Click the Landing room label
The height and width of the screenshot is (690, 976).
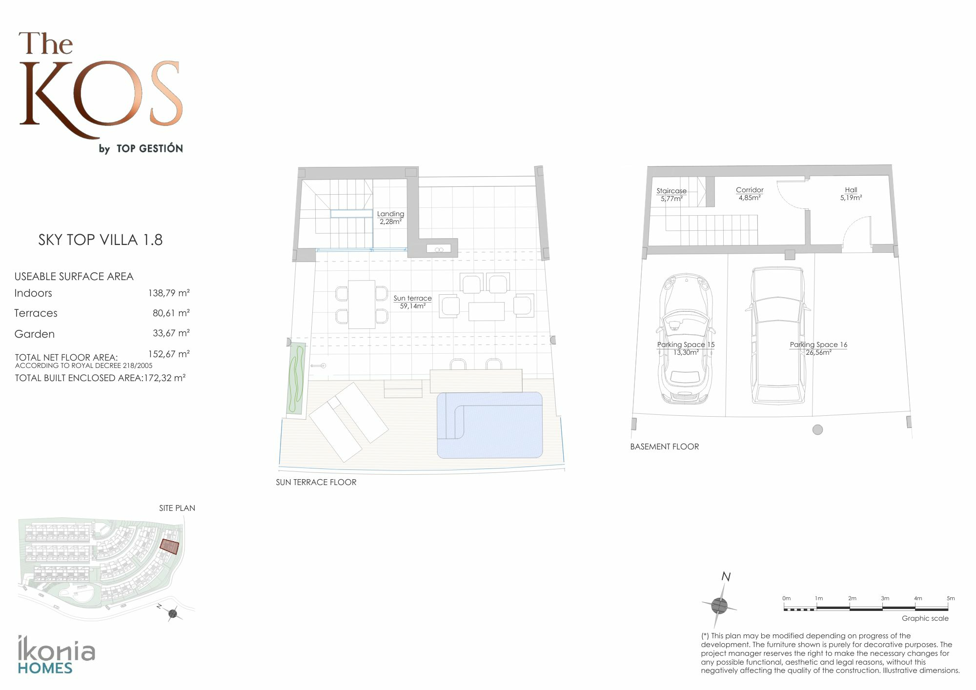390,218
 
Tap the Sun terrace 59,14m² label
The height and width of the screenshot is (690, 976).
412,302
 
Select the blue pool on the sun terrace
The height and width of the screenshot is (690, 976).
489,425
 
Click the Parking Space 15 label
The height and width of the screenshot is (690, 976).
686,348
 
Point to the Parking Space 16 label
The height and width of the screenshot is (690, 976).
818,348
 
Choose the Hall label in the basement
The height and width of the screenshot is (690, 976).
851,194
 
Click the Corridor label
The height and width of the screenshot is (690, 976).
750,194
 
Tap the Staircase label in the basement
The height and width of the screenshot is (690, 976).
671,195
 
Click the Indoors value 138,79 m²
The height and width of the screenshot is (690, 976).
169,293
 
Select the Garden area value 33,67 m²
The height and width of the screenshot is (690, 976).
171,333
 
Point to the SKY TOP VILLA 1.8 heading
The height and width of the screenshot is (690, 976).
101,240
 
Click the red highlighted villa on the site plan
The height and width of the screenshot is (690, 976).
169,547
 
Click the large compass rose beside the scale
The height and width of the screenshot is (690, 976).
719,606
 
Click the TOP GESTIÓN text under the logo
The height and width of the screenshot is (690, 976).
150,148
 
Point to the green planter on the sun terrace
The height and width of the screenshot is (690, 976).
296,379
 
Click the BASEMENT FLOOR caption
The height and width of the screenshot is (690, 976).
664,446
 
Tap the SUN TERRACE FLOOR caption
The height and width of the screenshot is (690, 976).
316,482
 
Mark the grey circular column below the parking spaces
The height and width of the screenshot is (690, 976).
818,429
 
